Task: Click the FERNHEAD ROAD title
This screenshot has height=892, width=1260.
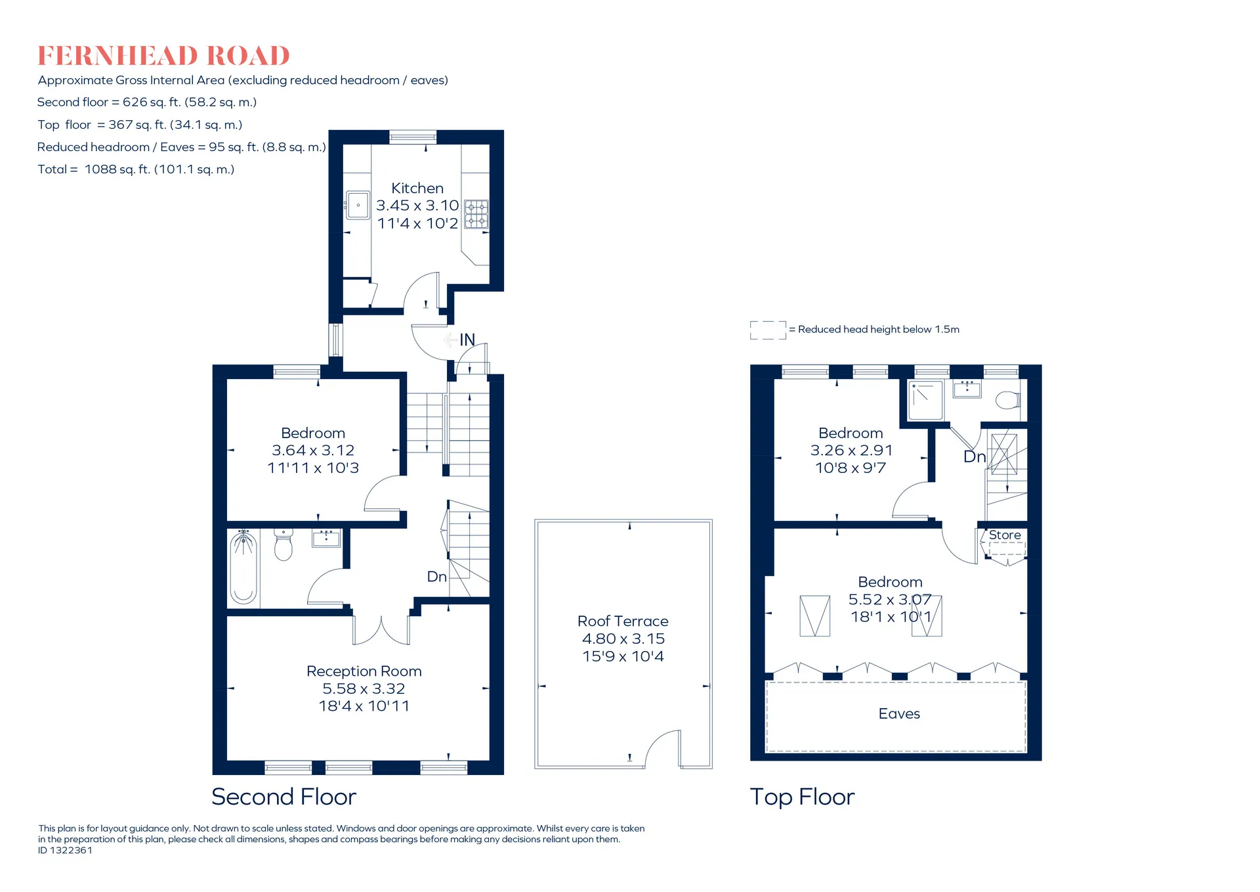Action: [163, 56]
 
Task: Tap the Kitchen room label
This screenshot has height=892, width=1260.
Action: [417, 189]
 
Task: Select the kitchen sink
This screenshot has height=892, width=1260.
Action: [358, 206]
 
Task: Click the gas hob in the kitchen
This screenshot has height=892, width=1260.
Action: [476, 214]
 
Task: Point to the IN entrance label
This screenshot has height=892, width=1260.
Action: [467, 340]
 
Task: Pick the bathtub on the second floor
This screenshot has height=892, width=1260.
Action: [243, 568]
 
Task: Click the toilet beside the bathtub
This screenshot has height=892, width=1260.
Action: [283, 545]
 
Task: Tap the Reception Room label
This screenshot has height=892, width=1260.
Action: [364, 671]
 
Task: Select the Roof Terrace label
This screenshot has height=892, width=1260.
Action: [623, 621]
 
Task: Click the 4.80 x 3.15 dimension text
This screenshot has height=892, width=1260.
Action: [623, 638]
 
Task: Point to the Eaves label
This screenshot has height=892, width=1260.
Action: [899, 714]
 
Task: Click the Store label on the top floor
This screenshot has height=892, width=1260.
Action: [1005, 535]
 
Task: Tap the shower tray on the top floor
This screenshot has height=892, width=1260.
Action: [926, 400]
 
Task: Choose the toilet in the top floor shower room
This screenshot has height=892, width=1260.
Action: [1008, 399]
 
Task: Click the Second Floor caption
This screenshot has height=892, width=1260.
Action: [283, 797]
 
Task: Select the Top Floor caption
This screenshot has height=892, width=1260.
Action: [802, 797]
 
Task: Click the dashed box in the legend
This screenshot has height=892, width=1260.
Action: [768, 330]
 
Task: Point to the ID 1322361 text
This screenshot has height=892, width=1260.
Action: [65, 851]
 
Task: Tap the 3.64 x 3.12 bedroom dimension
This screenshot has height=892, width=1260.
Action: [313, 451]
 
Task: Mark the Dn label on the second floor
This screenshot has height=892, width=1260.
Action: [437, 577]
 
